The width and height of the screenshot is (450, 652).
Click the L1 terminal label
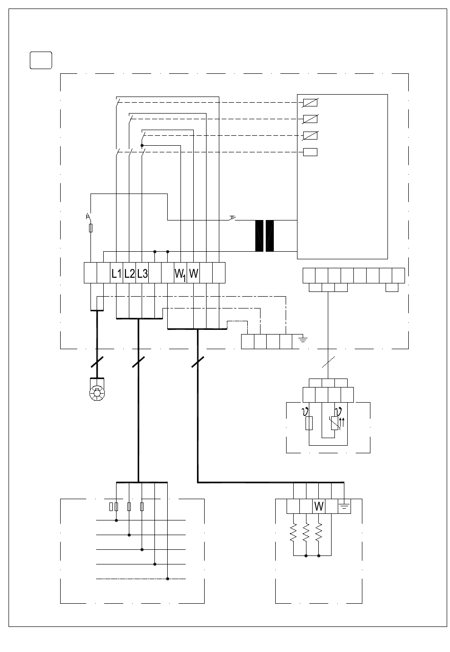pos(116,273)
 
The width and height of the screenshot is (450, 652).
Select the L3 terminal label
pos(143,273)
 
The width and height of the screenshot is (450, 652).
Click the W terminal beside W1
pos(194,273)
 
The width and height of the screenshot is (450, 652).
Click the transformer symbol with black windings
pos(264,236)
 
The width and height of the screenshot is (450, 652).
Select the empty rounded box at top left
pos(41,60)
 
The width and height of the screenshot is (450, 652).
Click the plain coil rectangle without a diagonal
pos(310,152)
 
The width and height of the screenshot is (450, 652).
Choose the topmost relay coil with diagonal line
pos(310,103)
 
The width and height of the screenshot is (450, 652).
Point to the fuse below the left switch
pos(90,228)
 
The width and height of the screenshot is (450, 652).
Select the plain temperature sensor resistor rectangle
pos(309,423)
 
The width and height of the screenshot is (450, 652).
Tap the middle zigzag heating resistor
pos(306,532)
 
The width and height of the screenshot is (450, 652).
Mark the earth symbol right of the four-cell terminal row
pos(303,339)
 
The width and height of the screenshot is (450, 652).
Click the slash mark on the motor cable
pos(97,362)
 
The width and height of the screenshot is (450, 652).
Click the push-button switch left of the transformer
pos(233,218)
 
